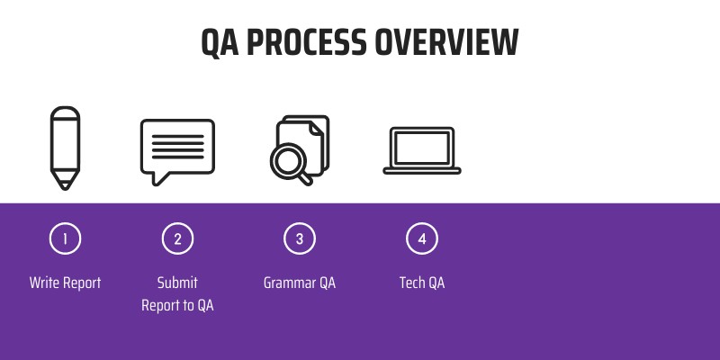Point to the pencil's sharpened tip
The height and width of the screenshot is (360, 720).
pos(65,184)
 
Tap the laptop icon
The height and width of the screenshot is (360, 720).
pos(422,149)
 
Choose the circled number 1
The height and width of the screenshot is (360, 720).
pos(65,238)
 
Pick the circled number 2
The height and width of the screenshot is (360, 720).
pos(177,238)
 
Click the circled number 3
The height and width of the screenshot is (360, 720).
pos(300,238)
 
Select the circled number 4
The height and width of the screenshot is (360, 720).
pos(422,238)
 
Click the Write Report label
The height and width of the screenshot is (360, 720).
pos(65,283)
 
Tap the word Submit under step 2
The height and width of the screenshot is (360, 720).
pos(177,283)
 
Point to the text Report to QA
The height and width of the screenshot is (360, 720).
pos(177,305)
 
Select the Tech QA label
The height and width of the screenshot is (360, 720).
pos(422,283)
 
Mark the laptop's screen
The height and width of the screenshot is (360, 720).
pos(422,146)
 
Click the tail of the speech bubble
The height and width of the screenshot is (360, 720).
pos(160,177)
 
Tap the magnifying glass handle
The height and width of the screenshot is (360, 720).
pos(306,177)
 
